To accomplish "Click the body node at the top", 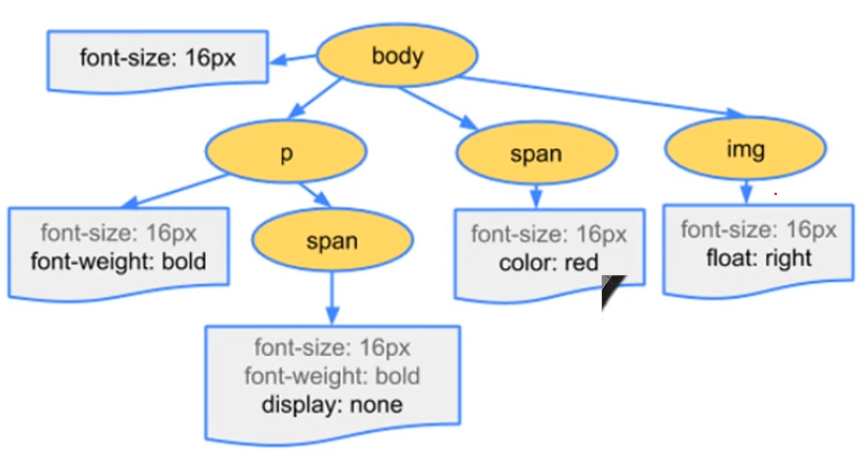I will [x=397, y=55].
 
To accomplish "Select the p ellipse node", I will [x=287, y=154].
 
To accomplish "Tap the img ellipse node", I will [x=744, y=150].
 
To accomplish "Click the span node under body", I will [x=537, y=154].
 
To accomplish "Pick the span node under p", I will [x=332, y=240].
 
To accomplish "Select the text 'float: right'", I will [x=758, y=258].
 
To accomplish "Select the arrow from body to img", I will [x=593, y=97].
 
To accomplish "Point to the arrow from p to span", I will [x=317, y=195].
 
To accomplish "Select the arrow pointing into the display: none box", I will [x=332, y=297].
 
